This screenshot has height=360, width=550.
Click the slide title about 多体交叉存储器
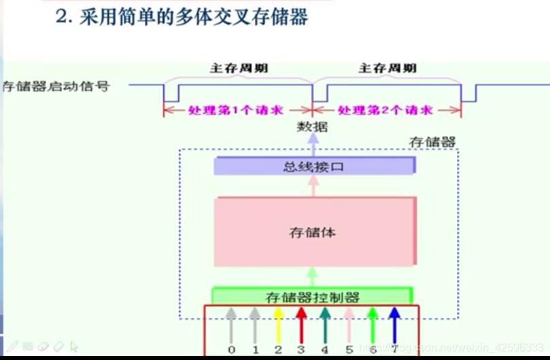tap(182, 17)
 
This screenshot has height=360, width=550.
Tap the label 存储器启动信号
tap(56, 86)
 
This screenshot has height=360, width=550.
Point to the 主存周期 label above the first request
tap(238, 68)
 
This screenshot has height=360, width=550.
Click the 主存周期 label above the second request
tap(388, 68)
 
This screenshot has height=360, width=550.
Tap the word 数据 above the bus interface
tap(313, 126)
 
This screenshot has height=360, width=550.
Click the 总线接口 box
tap(314, 166)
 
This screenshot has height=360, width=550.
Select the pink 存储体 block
tap(314, 232)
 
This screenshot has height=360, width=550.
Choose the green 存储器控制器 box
tap(312, 296)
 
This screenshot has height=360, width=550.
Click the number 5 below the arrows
tap(349, 349)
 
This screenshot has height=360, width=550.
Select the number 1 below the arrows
tap(255, 349)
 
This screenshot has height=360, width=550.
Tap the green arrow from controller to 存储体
tap(313, 276)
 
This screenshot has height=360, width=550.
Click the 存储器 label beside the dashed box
tap(432, 141)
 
